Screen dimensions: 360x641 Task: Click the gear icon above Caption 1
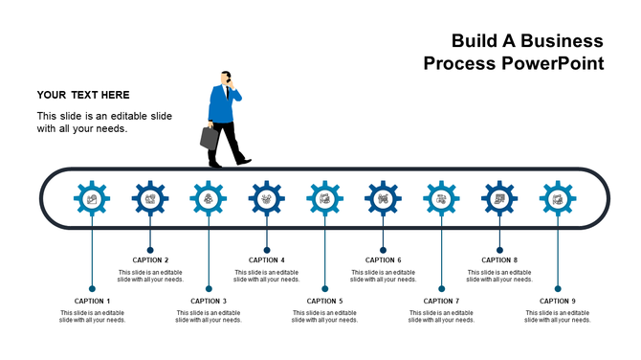tap(92, 198)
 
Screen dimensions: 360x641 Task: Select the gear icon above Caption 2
tap(150, 198)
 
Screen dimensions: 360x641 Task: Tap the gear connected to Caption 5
tap(325, 198)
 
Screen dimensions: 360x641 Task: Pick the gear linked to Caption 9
tap(558, 198)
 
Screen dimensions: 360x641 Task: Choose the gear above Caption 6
tap(383, 198)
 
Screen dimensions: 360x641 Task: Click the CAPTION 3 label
tap(209, 301)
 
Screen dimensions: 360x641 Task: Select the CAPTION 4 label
tap(267, 259)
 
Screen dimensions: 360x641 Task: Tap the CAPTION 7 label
tap(442, 301)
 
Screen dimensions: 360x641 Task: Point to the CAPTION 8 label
tap(499, 259)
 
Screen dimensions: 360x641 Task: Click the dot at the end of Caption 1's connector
tap(92, 288)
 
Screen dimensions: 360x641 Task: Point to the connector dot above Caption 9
tap(558, 288)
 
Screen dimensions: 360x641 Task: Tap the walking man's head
tap(226, 78)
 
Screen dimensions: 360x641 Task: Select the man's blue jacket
tap(222, 105)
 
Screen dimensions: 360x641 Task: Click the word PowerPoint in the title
tap(554, 64)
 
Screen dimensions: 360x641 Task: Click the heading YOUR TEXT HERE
tap(83, 95)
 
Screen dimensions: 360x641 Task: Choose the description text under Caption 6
tap(383, 276)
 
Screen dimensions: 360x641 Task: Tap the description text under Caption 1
tap(92, 316)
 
